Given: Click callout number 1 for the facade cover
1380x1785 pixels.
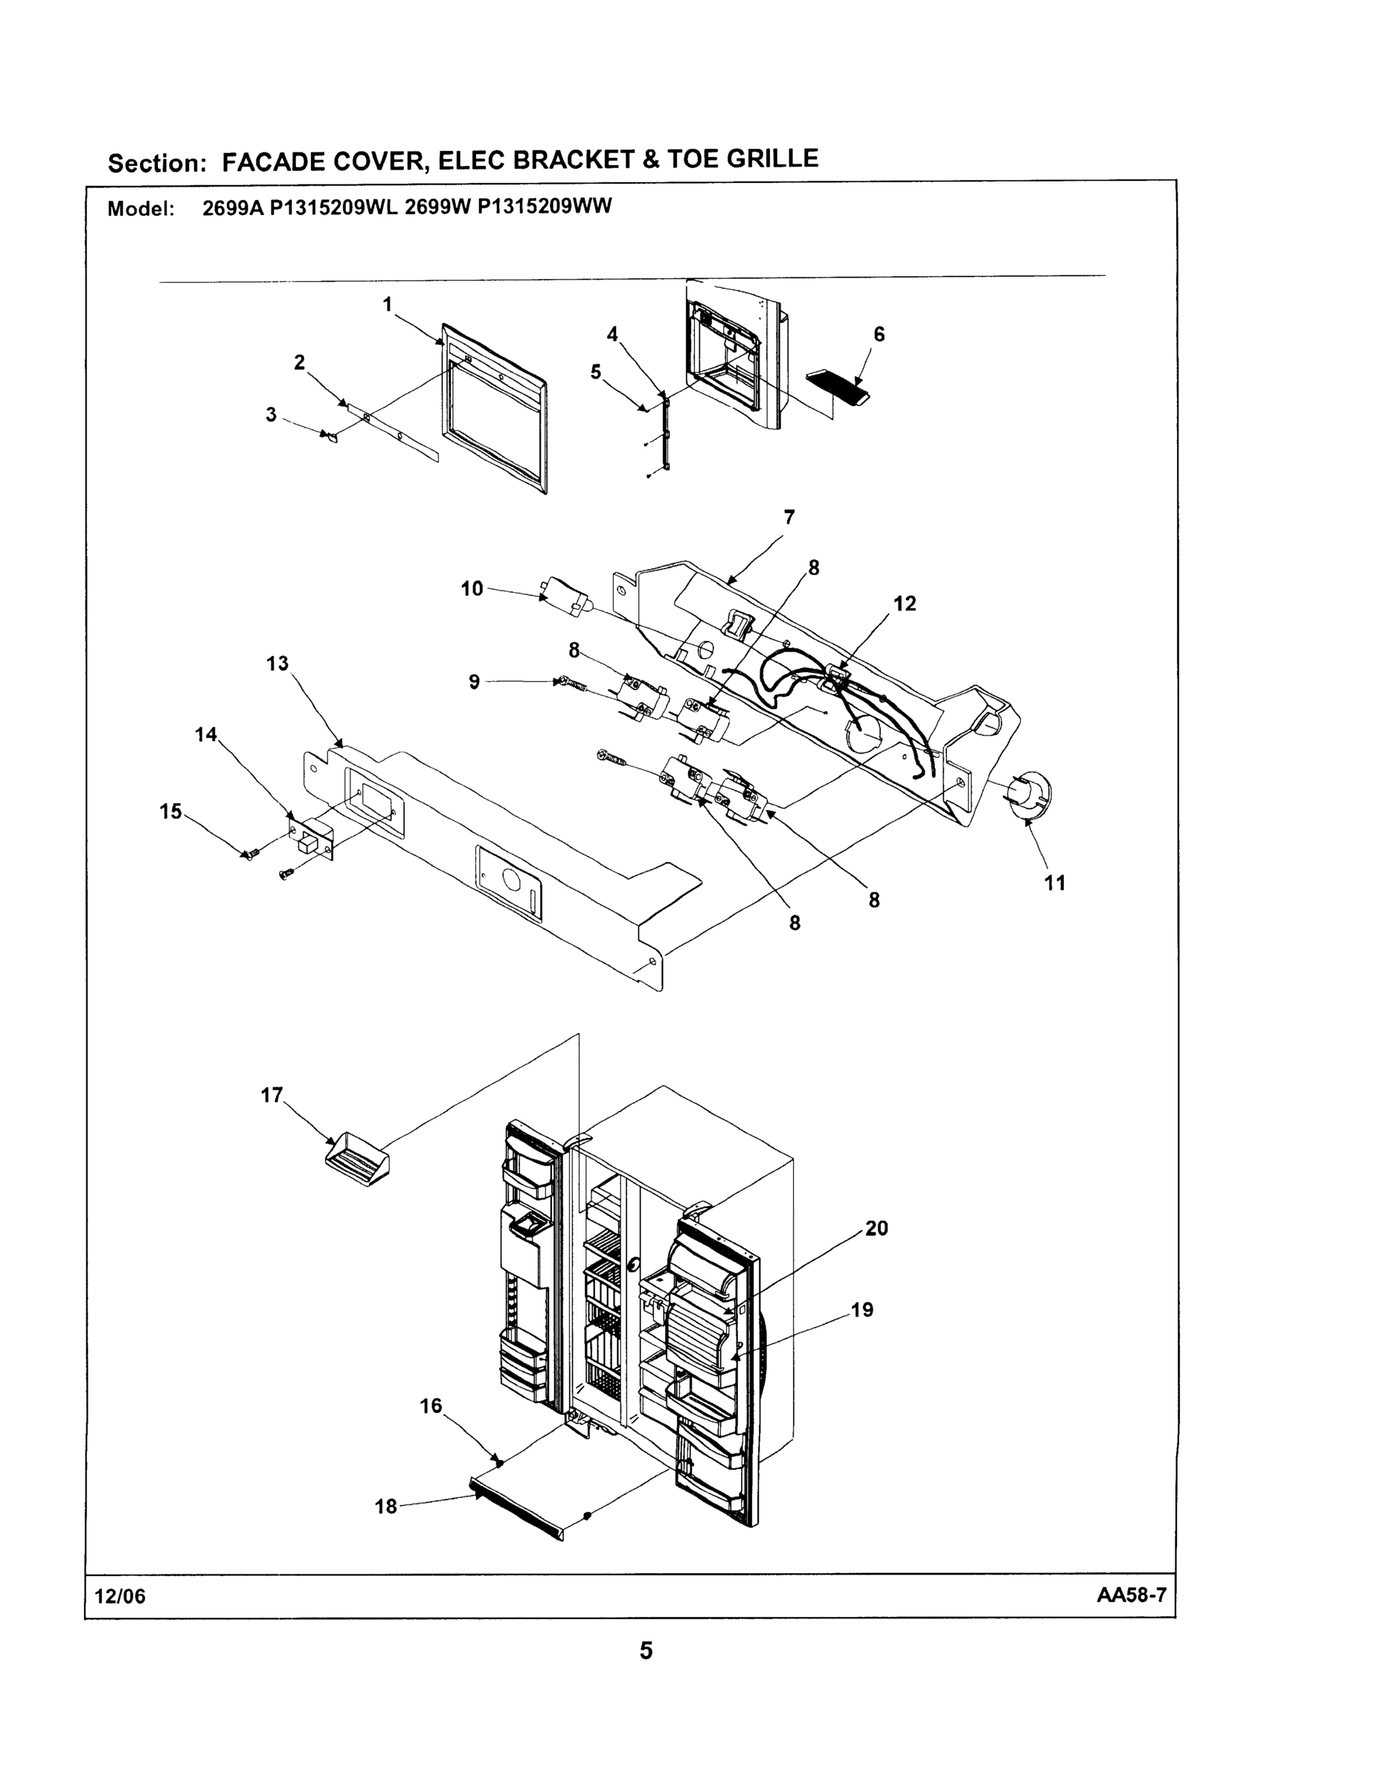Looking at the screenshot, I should [x=388, y=305].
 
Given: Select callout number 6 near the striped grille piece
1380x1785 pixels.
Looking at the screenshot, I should [x=879, y=334].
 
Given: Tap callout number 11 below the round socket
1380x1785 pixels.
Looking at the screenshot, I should [x=1055, y=883].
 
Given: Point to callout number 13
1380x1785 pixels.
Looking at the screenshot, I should [x=277, y=663].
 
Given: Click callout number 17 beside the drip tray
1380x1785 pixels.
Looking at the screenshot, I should [x=272, y=1096].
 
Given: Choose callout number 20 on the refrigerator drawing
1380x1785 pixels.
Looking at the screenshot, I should [x=876, y=1229].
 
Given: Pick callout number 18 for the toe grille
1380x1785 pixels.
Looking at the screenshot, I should [x=386, y=1507].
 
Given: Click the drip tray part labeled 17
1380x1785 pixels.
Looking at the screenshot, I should [x=357, y=1157].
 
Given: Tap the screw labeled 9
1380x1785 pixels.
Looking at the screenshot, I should [x=572, y=684].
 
